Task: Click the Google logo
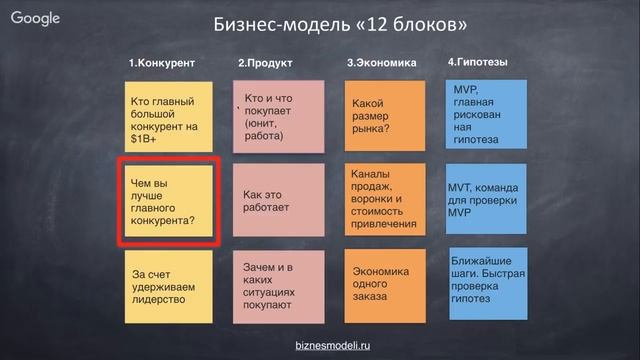(x=37, y=18)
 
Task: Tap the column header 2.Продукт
(x=265, y=64)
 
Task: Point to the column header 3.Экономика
(x=381, y=64)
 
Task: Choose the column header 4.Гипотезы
(x=478, y=62)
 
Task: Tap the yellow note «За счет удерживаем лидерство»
(x=165, y=285)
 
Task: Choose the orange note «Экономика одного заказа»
(x=382, y=285)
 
